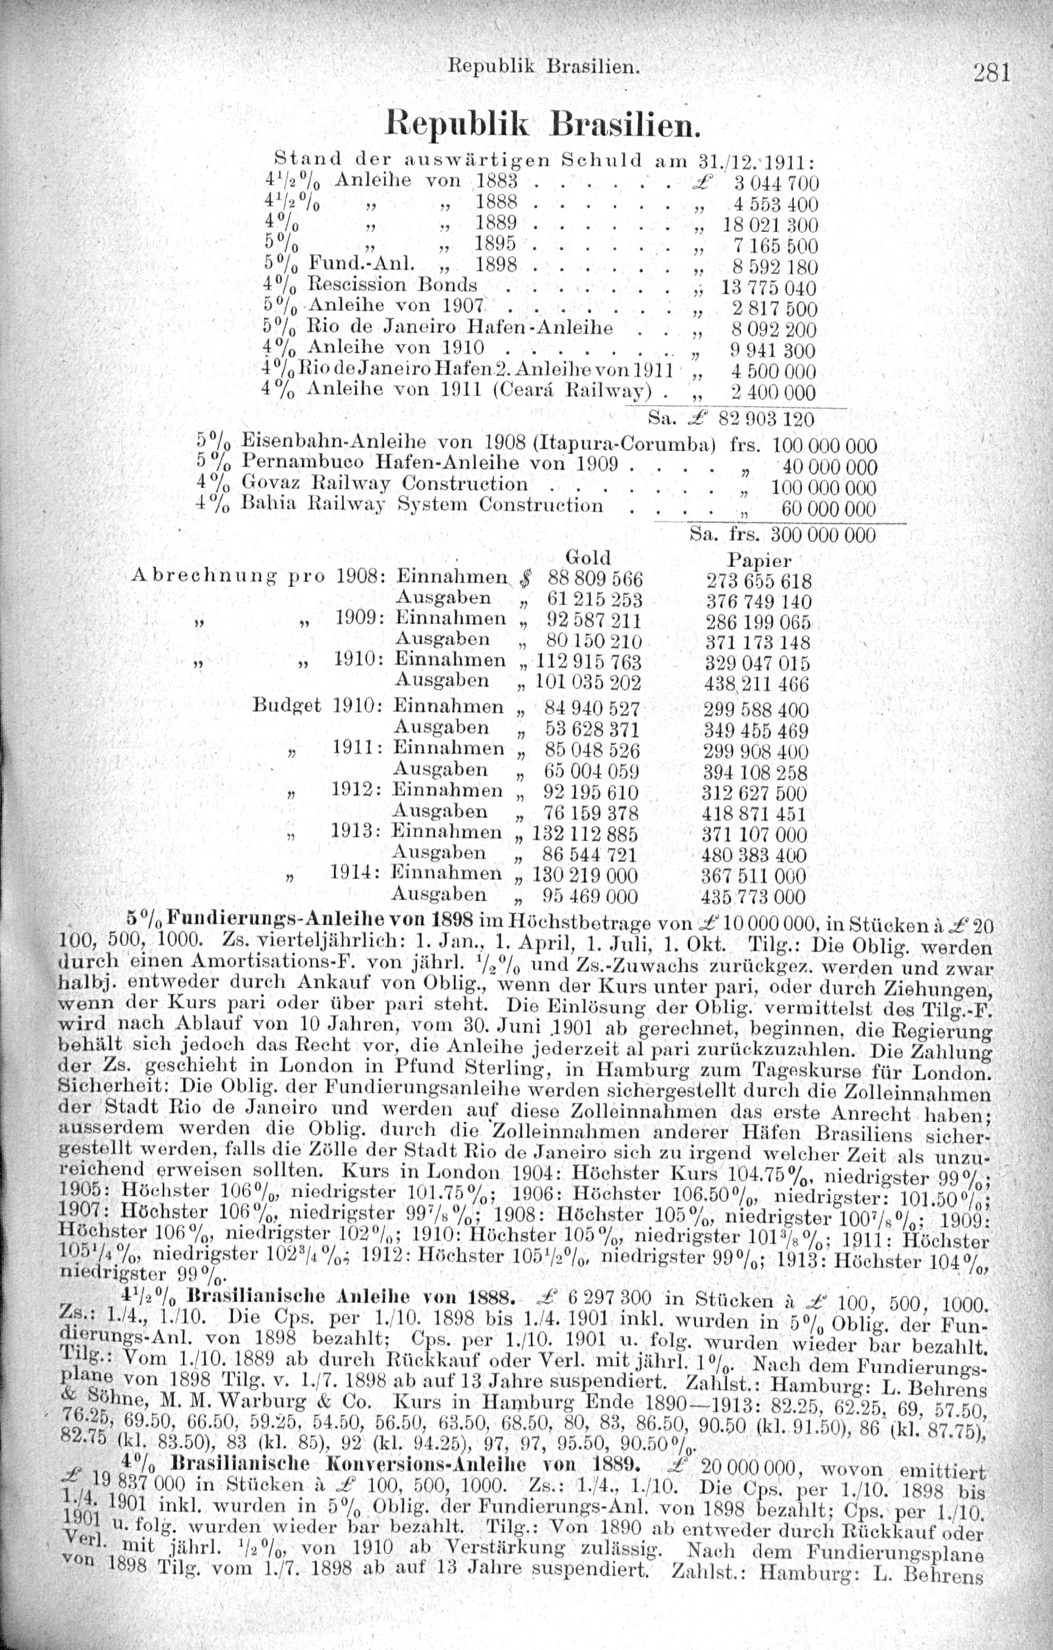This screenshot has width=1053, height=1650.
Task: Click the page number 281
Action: point(992,72)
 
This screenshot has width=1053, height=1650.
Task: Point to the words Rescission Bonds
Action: point(391,284)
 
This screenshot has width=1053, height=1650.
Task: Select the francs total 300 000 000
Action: point(823,534)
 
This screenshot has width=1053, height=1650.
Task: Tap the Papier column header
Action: point(759,560)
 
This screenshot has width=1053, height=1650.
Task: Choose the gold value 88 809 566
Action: point(593,578)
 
